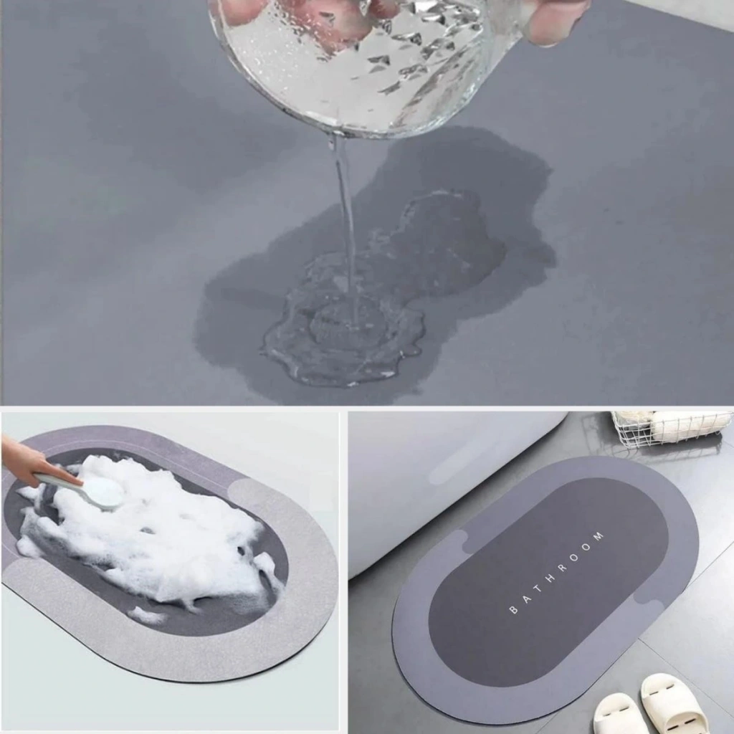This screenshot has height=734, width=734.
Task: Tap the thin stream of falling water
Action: [x=345, y=224]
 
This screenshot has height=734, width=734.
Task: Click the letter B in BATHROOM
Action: [x=514, y=609]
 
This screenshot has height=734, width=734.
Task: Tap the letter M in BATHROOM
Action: [x=598, y=536]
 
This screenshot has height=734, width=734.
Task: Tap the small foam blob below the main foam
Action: [x=147, y=615]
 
